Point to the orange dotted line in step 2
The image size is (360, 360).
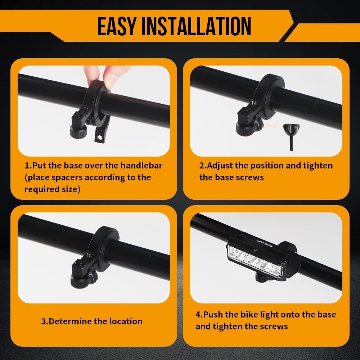pyautogui.click(x=272, y=126)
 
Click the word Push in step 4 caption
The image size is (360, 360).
pyautogui.click(x=213, y=314)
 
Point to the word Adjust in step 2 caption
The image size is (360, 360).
pyautogui.click(x=222, y=166)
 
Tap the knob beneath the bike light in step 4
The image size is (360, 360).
pyautogui.click(x=262, y=277)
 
